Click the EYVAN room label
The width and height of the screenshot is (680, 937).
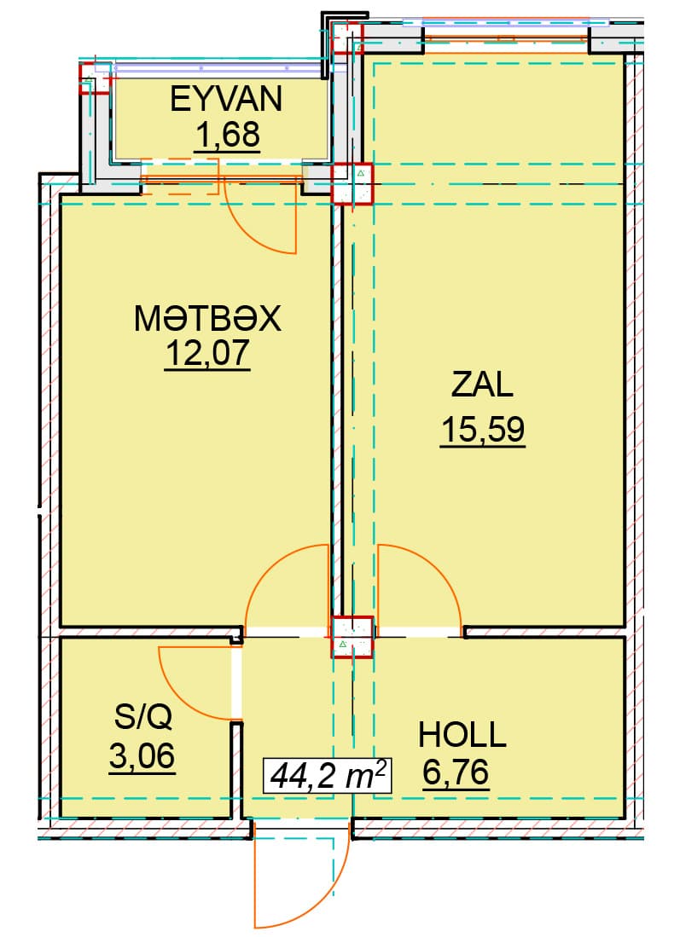click(x=226, y=99)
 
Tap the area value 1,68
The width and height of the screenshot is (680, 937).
click(x=227, y=135)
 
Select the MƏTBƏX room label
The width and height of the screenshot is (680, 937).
click(x=207, y=318)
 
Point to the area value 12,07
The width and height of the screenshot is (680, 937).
click(x=207, y=353)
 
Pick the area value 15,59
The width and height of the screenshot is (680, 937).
click(x=483, y=429)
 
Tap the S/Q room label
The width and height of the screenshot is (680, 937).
click(x=143, y=715)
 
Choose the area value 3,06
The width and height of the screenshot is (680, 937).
click(x=142, y=756)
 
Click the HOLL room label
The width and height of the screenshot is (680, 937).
click(x=462, y=735)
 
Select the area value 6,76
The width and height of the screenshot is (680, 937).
click(x=456, y=772)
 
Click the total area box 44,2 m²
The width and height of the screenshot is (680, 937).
click(x=328, y=776)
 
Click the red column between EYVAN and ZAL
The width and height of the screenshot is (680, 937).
click(x=352, y=183)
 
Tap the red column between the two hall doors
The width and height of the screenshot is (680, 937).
click(x=353, y=637)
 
